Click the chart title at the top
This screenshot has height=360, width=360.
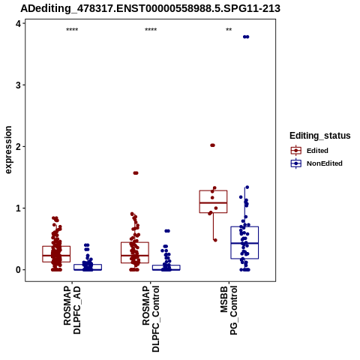pos(150,8)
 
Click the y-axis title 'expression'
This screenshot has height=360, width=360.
pos(8,150)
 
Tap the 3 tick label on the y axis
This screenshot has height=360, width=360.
pos(18,85)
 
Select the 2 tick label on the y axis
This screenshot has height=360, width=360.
pos(18,147)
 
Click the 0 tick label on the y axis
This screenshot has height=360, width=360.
pos(18,270)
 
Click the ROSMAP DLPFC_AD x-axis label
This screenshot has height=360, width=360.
pos(72,310)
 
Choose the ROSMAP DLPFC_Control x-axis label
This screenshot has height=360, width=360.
pos(151,319)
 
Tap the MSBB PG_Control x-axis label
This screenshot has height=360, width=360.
pos(229,310)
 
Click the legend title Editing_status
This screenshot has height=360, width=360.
pos(320,136)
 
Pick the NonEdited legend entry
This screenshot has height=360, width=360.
pos(316,163)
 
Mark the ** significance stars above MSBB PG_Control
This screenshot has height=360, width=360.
pos(229,30)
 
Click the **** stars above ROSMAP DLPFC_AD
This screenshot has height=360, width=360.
pos(72,30)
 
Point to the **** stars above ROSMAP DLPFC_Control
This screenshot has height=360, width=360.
pos(151,30)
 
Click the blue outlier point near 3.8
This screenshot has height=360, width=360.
pos(246,37)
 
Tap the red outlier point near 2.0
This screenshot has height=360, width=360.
pos(212,145)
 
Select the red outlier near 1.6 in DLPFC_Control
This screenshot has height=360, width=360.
pos(136,173)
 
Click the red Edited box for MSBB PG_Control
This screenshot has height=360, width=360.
pos(213,202)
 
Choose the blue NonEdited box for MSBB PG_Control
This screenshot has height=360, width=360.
pos(244,242)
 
